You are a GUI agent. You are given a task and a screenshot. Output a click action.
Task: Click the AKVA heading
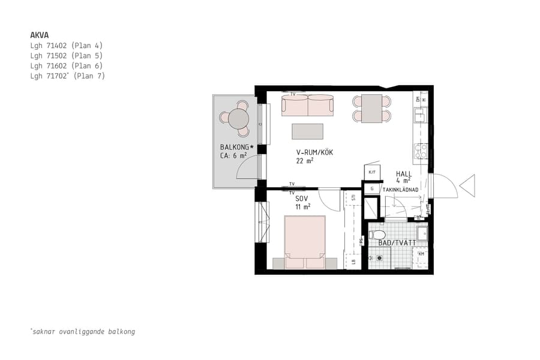(x=40, y=35)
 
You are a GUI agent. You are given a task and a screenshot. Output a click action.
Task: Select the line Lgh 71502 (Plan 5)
(x=67, y=55)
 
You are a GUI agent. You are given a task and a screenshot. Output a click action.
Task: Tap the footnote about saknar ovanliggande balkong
(x=83, y=331)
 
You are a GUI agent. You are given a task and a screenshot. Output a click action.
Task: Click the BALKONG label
(x=236, y=147)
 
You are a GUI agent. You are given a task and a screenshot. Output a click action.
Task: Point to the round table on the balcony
(x=239, y=116)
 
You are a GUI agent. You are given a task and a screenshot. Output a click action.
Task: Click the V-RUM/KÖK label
(x=314, y=152)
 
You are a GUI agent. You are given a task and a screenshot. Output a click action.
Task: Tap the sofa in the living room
(x=307, y=106)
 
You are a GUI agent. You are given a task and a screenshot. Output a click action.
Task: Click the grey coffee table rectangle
(x=307, y=131)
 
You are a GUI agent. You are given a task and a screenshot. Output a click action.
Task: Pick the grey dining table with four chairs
(x=371, y=109)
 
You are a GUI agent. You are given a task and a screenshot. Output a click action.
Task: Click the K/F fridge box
(x=372, y=172)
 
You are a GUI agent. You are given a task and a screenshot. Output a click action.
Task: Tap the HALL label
(x=404, y=174)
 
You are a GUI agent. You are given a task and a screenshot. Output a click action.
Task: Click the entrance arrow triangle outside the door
(x=467, y=185)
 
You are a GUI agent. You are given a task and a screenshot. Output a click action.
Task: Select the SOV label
(x=302, y=199)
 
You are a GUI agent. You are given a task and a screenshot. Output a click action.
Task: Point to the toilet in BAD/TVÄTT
(x=377, y=235)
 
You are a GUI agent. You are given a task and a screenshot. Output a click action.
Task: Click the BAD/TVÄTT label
(x=397, y=243)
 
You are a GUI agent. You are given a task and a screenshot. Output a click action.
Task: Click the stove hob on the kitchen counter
(x=420, y=149)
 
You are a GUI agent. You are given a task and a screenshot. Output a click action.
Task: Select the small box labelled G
(x=372, y=188)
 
